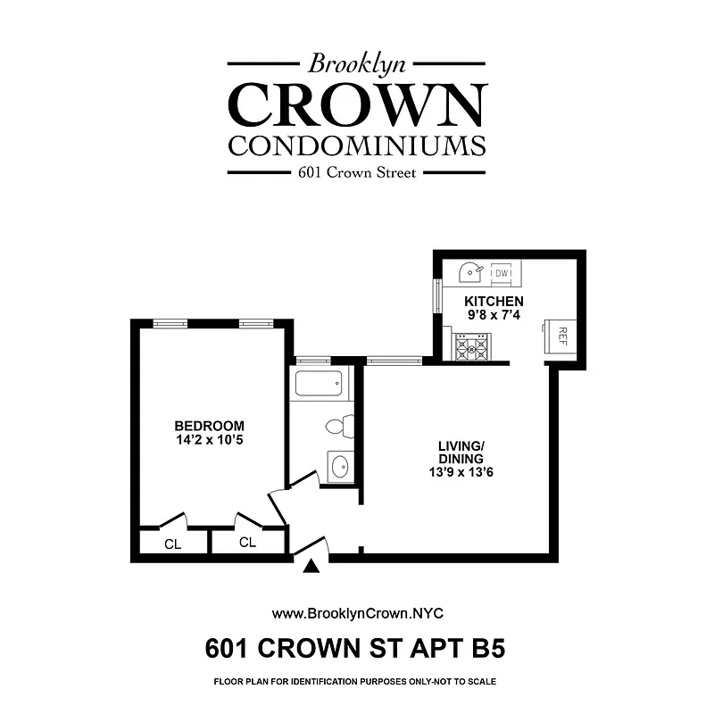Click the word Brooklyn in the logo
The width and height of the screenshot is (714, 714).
(x=357, y=63)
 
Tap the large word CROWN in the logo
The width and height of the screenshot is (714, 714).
(x=357, y=105)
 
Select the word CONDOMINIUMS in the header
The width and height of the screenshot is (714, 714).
(x=357, y=145)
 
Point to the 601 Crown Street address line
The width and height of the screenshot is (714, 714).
(x=357, y=173)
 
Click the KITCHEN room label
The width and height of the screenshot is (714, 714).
(x=494, y=301)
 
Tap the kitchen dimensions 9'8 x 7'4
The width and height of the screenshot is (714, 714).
(x=494, y=315)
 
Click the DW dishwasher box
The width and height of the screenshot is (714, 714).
(x=502, y=273)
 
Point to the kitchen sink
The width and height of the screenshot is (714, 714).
(x=470, y=271)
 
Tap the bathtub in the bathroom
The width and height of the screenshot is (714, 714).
(x=319, y=385)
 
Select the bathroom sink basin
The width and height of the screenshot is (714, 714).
(x=340, y=466)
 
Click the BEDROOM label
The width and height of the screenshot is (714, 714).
(x=209, y=426)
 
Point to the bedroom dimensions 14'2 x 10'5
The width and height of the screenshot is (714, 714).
(x=209, y=440)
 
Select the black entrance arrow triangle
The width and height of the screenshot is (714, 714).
(x=311, y=566)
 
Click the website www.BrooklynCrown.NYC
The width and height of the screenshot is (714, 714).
(x=357, y=613)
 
